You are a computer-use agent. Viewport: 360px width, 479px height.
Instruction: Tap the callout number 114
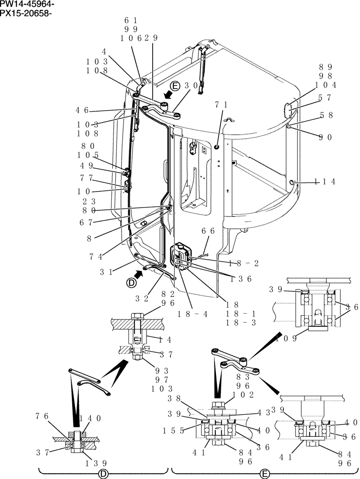(325, 181)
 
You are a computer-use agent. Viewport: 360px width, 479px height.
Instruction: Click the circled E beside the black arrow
(175, 86)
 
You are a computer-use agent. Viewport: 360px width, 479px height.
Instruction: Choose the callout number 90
(326, 137)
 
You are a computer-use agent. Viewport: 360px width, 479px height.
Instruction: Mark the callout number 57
(326, 97)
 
